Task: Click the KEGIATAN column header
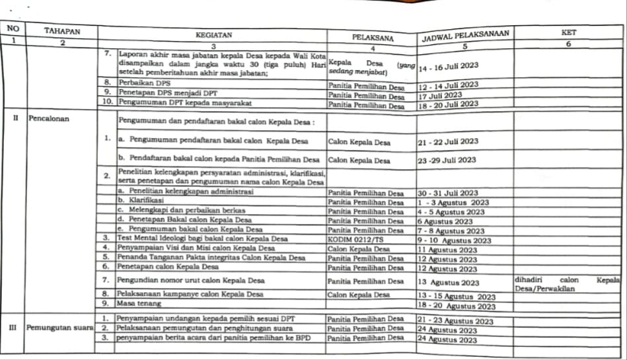pyautogui.click(x=213, y=34)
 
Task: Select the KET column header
pyautogui.click(x=568, y=32)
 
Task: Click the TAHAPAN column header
pyautogui.click(x=62, y=31)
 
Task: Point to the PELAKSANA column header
pyautogui.click(x=373, y=38)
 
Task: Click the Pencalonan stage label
pyautogui.click(x=49, y=120)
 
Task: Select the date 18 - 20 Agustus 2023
pyautogui.click(x=457, y=306)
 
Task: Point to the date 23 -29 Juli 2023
pyautogui.click(x=447, y=160)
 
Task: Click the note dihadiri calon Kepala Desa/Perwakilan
pyautogui.click(x=568, y=284)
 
